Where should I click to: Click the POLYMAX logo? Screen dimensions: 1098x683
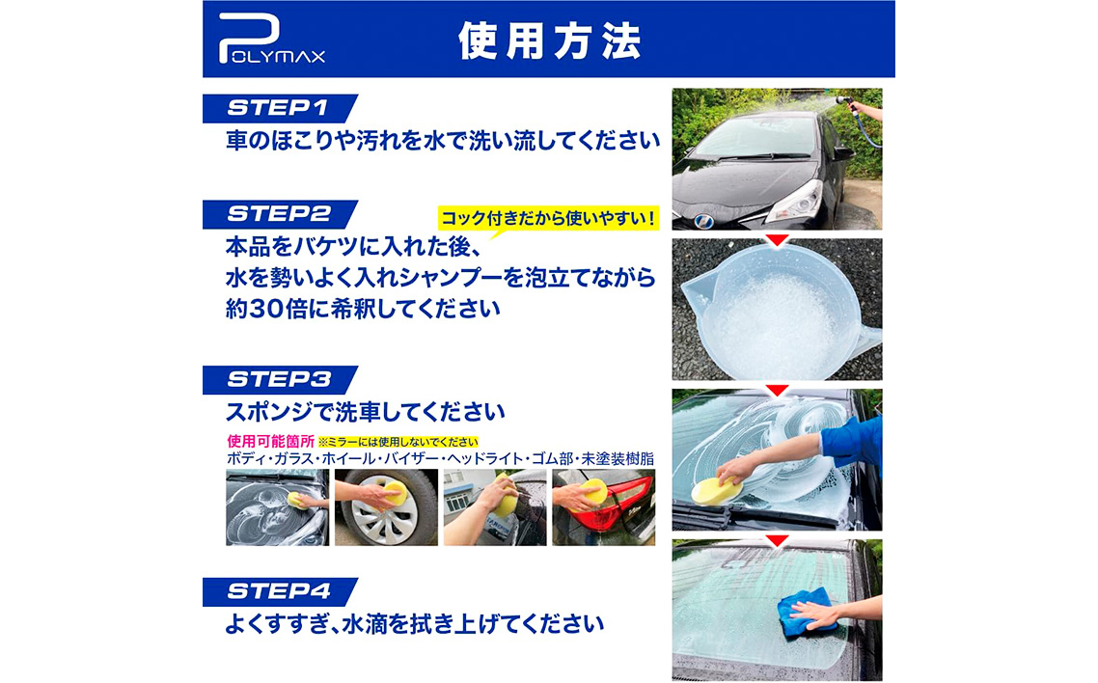point(271,40)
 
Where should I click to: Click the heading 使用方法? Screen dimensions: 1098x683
point(550,41)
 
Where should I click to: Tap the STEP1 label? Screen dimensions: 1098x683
point(279,108)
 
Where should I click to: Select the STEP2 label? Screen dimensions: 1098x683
point(279,214)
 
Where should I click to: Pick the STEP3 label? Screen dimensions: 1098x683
point(279,379)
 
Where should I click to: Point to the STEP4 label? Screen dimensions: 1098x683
point(279,591)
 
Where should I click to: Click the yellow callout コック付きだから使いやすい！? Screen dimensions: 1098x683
point(549,218)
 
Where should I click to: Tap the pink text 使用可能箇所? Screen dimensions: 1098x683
point(271,442)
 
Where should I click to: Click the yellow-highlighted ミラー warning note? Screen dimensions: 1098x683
point(398,442)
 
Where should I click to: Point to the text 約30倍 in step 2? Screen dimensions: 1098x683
point(267,309)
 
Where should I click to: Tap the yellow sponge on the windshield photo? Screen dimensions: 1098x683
point(716,491)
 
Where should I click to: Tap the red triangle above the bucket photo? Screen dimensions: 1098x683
point(777,240)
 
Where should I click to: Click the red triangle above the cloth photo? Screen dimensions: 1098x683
point(777,540)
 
